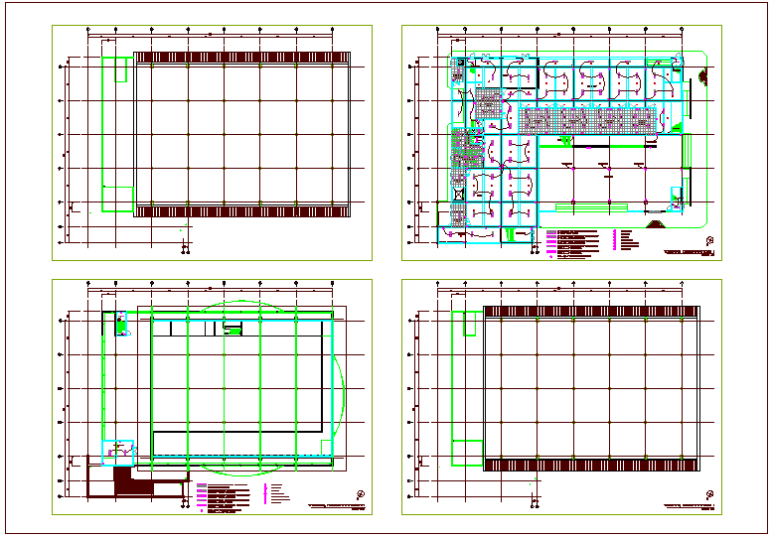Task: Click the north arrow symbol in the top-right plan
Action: pyautogui.click(x=709, y=240)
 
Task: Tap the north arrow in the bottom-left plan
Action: pyautogui.click(x=360, y=493)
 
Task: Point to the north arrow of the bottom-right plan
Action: pyautogui.click(x=709, y=493)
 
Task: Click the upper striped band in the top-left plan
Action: pyautogui.click(x=241, y=58)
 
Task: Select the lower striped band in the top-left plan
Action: pyautogui.click(x=241, y=211)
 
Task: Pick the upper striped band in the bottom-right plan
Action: pyautogui.click(x=591, y=312)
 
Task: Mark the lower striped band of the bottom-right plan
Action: pyautogui.click(x=591, y=465)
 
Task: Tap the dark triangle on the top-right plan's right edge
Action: pyautogui.click(x=703, y=76)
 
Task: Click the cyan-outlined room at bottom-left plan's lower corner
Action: pyautogui.click(x=117, y=453)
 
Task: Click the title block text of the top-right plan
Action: pyautogui.click(x=688, y=255)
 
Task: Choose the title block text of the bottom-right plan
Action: pyautogui.click(x=688, y=507)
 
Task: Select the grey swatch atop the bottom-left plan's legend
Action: pyautogui.click(x=201, y=485)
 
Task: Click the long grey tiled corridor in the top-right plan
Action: pyautogui.click(x=592, y=121)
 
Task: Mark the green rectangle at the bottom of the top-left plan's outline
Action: pyautogui.click(x=120, y=200)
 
